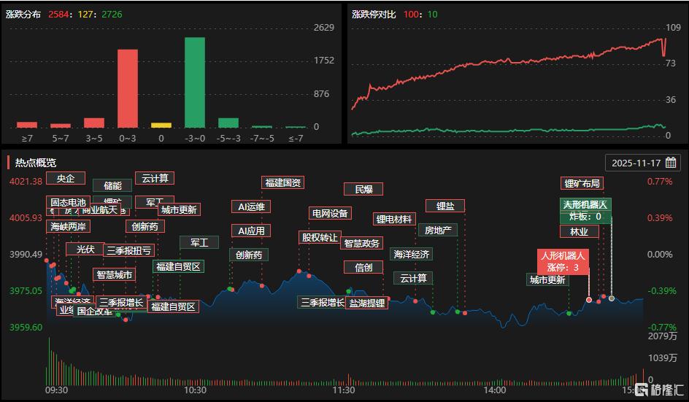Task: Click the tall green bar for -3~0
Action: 194,82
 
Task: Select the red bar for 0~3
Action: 128,88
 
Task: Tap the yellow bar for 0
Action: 161,125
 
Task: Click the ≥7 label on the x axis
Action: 27,137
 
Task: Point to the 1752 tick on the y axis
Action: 323,61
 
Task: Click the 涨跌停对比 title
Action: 373,14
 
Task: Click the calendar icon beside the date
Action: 671,163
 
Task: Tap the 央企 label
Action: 66,178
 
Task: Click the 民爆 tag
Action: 363,189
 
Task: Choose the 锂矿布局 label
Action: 582,183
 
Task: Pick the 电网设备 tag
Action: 330,213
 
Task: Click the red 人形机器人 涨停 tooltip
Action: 563,261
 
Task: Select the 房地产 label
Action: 438,230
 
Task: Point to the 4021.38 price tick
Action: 25,181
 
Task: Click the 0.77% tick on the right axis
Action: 659,181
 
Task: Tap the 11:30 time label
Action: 344,390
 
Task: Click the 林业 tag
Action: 579,231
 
